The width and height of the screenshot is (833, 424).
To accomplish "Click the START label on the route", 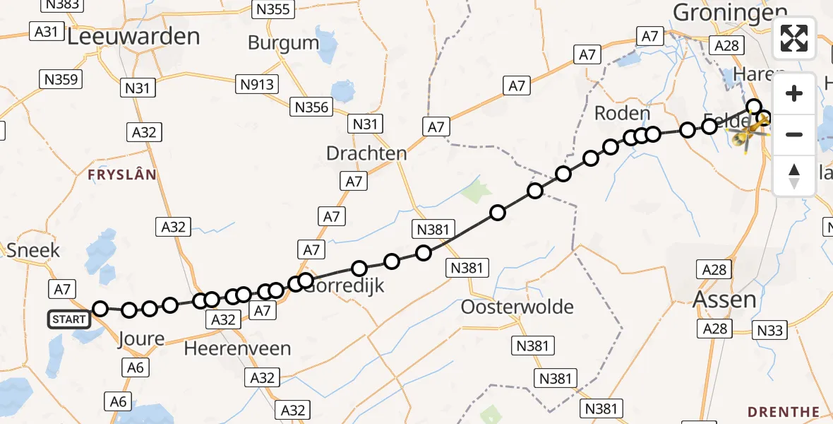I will tap(69, 319).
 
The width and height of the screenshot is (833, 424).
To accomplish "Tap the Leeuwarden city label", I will tap(133, 37).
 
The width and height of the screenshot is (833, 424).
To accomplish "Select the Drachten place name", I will tap(366, 153).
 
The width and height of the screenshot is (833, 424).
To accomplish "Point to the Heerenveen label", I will tap(237, 348).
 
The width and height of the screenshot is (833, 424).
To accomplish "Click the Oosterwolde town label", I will tap(517, 307).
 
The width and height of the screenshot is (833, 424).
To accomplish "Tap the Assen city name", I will tap(725, 299).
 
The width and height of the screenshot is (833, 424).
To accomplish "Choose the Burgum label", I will tap(283, 42).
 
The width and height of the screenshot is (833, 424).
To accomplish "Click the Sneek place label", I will tap(33, 250).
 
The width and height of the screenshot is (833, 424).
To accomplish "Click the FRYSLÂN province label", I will tap(122, 175).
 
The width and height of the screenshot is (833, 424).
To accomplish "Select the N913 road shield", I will tap(256, 84).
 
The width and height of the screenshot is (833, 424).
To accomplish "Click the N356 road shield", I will tap(311, 107).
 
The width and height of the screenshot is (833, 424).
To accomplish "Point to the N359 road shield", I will tap(61, 79).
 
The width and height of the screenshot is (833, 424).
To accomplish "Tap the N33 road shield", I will tap(770, 330).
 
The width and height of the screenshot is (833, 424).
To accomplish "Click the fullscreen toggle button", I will tap(794, 38).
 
